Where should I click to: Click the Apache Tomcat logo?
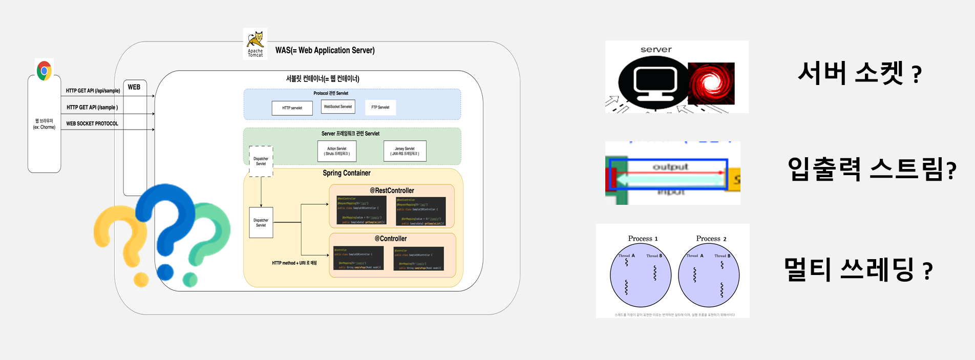(255, 44)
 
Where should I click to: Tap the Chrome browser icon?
(45, 71)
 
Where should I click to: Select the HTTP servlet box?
(292, 108)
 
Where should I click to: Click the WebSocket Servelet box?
(338, 107)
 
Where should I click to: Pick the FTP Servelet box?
(380, 108)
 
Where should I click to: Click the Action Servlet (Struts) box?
(337, 151)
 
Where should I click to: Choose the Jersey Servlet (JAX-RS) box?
(405, 151)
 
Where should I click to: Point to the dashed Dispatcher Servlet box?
(261, 161)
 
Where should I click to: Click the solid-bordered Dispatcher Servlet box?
(261, 223)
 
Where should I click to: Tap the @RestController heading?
(392, 190)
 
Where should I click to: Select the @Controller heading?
(391, 239)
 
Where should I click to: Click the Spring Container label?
(347, 173)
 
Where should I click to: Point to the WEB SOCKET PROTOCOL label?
(92, 123)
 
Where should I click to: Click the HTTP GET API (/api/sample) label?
(93, 91)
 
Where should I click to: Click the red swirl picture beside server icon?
(711, 83)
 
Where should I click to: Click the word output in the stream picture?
(670, 167)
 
